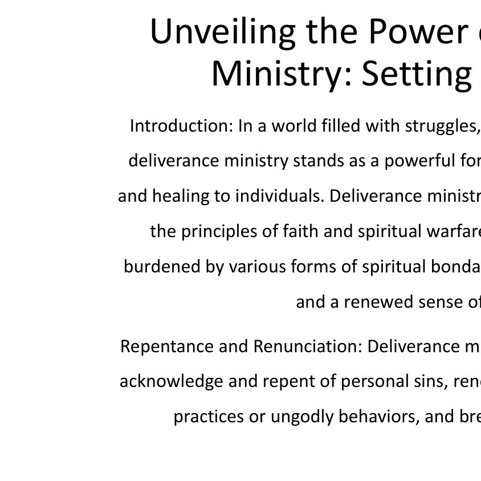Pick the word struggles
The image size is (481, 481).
(x=442, y=126)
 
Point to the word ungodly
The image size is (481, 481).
(x=302, y=417)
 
